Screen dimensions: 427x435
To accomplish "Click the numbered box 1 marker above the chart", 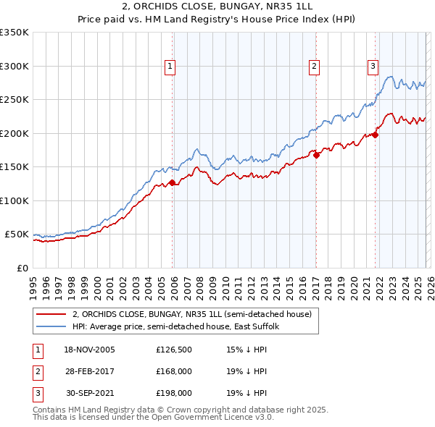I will click(x=170, y=67).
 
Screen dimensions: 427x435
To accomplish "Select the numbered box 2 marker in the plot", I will click(x=315, y=67).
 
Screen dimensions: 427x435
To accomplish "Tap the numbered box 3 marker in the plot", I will click(x=373, y=67).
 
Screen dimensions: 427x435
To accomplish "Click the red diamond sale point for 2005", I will click(x=172, y=183).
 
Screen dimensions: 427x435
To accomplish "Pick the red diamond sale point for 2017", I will click(x=316, y=154).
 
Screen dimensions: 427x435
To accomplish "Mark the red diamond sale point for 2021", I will click(x=376, y=134).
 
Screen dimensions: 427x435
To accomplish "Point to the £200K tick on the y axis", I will click(x=14, y=133).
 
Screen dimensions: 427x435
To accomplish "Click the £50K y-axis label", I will click(x=16, y=234).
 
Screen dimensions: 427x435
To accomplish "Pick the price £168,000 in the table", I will click(x=173, y=371).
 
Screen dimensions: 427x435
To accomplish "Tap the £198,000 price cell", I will click(x=173, y=393).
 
